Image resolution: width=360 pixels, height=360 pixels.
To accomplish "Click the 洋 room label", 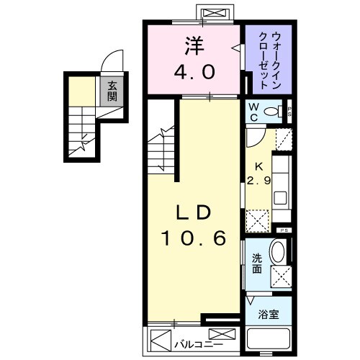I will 194,45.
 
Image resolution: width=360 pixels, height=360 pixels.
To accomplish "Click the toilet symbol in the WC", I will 273,111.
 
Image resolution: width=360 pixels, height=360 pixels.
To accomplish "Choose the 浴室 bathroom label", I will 268,314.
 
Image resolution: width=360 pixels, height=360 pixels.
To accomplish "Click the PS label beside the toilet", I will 289,111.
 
